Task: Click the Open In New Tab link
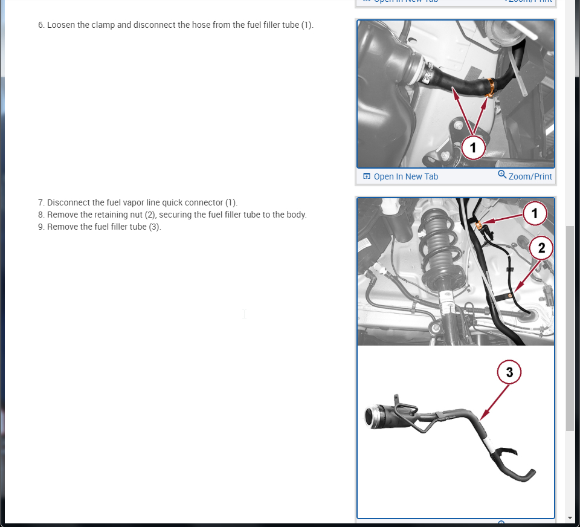406,176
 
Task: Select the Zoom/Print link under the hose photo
530,176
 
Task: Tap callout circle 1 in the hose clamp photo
473,147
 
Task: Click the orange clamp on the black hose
491,88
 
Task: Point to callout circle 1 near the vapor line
535,213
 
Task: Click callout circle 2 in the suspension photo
541,248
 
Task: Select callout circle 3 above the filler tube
509,372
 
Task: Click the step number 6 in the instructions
41,25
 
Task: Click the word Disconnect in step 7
65,202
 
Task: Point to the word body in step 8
297,215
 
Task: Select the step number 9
41,227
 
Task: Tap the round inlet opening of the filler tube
370,417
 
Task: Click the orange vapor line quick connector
478,225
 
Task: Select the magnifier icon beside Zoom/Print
502,174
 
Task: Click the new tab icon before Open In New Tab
367,176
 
